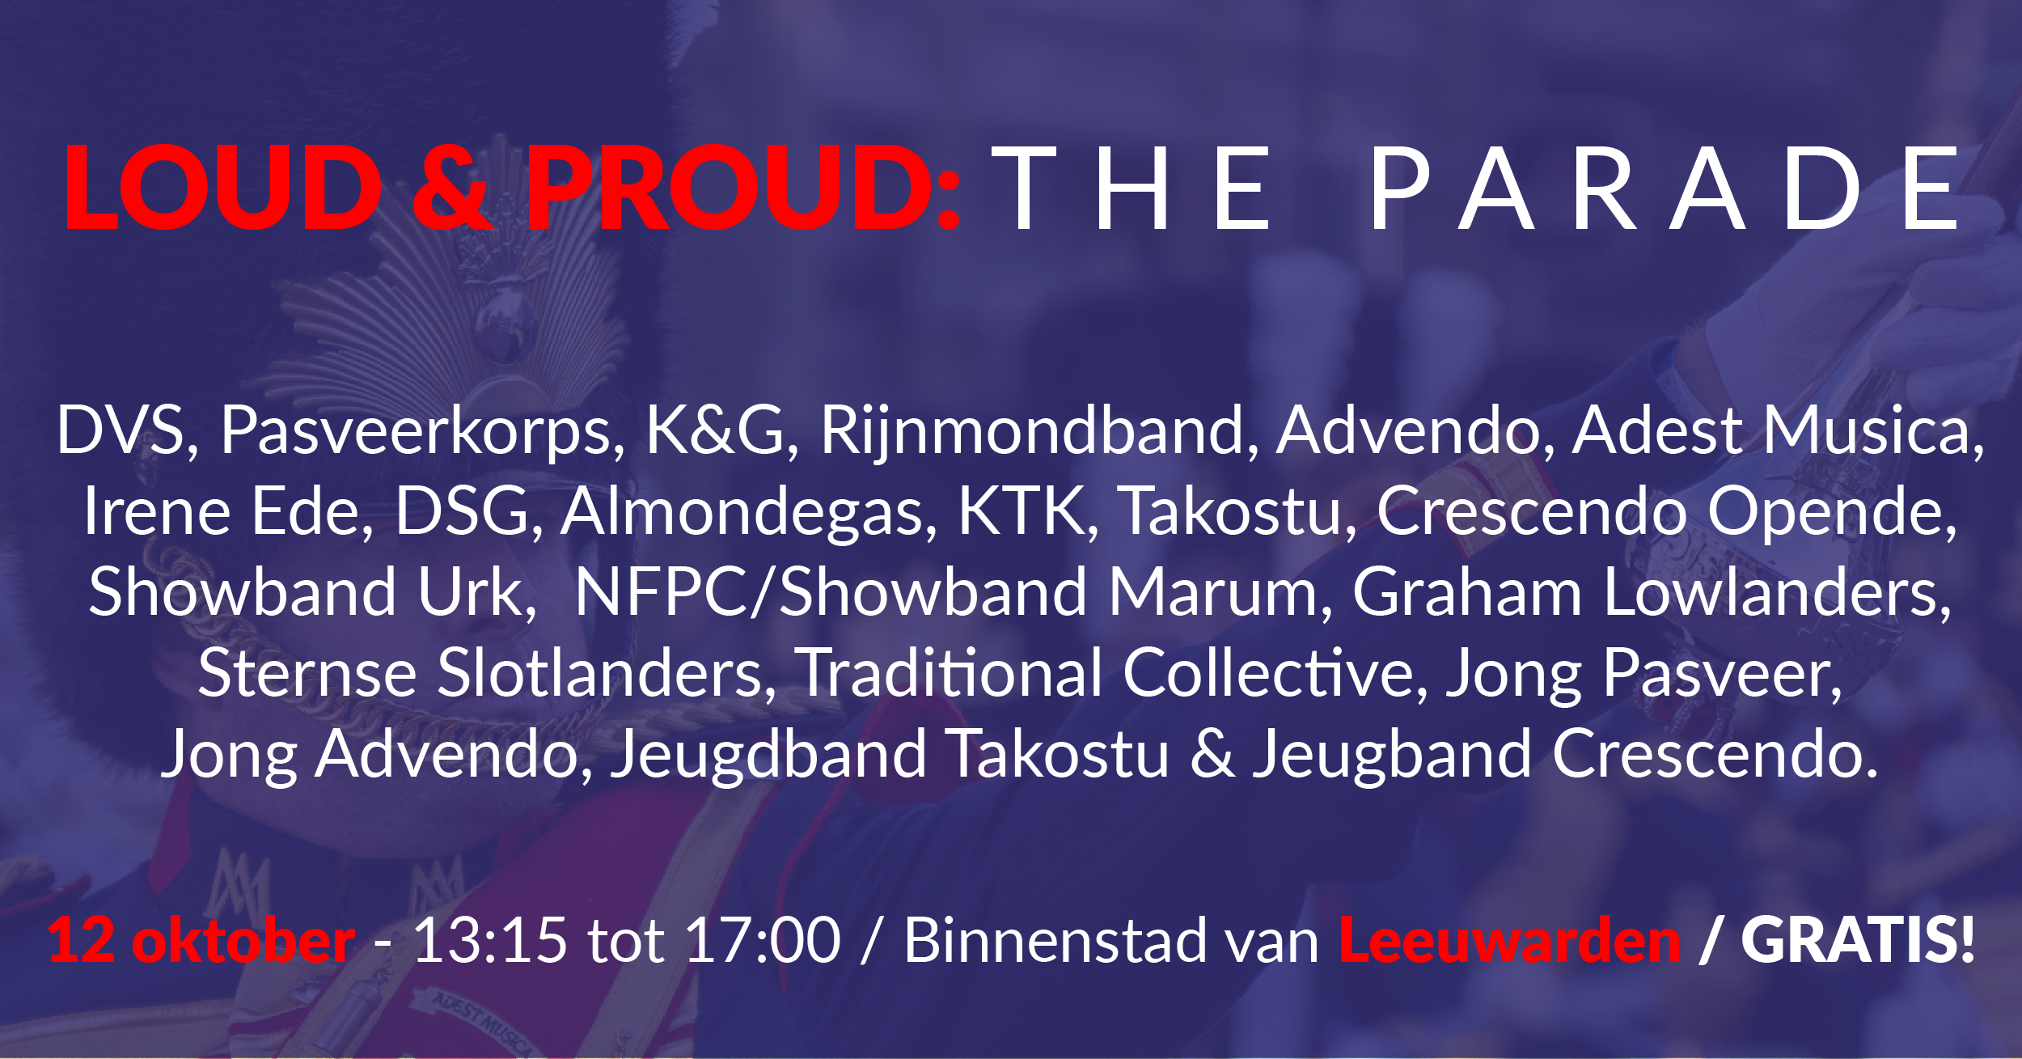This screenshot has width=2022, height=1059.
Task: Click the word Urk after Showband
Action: (x=477, y=593)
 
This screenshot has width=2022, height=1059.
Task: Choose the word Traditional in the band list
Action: (x=950, y=674)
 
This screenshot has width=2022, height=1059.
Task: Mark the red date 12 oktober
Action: (x=201, y=941)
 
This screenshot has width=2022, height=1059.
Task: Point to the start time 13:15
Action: (x=490, y=941)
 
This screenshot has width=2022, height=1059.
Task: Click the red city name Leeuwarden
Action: (x=1510, y=941)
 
